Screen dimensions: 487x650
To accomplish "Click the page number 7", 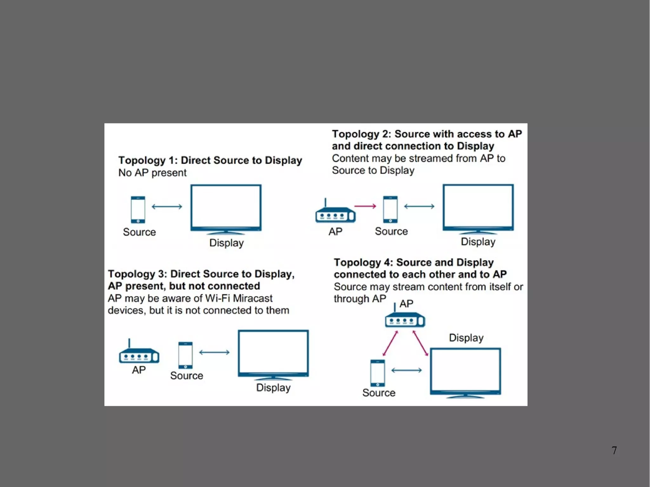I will tap(614, 450).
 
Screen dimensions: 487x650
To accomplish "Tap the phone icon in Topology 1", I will tap(138, 210).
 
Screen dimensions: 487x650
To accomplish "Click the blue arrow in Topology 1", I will tap(167, 207).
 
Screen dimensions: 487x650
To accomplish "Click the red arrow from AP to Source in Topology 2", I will tap(365, 206).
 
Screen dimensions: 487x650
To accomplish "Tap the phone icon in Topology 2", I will tap(390, 209).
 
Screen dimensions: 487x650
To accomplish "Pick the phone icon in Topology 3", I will tap(185, 355).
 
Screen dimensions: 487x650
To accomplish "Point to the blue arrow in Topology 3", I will tap(214, 352).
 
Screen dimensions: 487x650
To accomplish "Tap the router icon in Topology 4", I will tap(405, 319).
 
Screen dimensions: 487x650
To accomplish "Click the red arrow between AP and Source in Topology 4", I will tap(390, 343).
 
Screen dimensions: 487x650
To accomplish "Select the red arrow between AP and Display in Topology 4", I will tap(420, 343).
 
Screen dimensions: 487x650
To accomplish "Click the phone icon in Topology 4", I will tap(378, 373).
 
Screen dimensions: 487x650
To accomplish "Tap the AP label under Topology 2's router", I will tap(335, 232).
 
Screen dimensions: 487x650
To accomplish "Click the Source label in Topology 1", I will tap(139, 232).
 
